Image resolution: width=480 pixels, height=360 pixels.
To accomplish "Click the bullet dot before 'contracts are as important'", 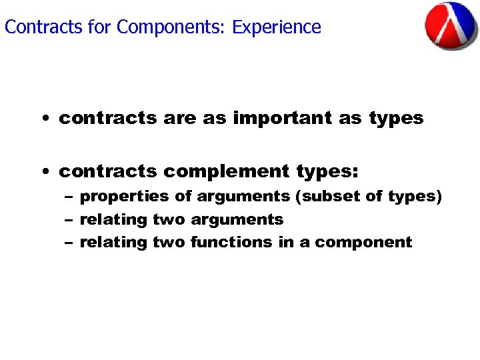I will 43,119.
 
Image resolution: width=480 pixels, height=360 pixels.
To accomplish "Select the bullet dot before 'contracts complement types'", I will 43,173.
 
